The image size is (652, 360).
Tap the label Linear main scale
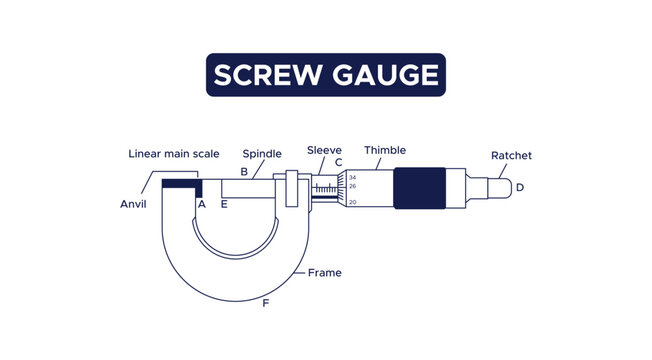pyautogui.click(x=175, y=154)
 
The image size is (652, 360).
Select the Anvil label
pyautogui.click(x=133, y=204)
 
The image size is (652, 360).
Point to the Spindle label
pyautogui.click(x=262, y=154)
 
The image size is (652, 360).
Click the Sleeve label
pyautogui.click(x=324, y=150)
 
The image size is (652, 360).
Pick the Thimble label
pyautogui.click(x=385, y=150)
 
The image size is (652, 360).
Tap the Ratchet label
pyautogui.click(x=511, y=155)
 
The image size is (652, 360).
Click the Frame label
pyautogui.click(x=324, y=272)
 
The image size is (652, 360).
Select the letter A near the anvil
pyautogui.click(x=201, y=204)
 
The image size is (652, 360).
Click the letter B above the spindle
pyautogui.click(x=244, y=172)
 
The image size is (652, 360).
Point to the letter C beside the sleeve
pyautogui.click(x=339, y=163)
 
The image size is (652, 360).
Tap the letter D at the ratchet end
pyautogui.click(x=519, y=187)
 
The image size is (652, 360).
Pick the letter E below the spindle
pyautogui.click(x=224, y=204)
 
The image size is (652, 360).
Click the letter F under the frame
pyautogui.click(x=265, y=302)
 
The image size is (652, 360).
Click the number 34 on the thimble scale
pyautogui.click(x=353, y=177)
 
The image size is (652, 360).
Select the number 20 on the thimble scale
pyautogui.click(x=353, y=203)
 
